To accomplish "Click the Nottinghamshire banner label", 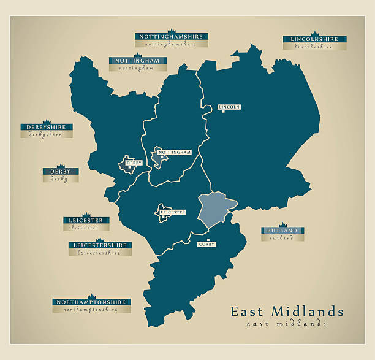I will tap(171, 37).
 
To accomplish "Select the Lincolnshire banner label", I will tap(314, 40).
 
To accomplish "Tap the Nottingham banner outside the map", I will tap(137, 61).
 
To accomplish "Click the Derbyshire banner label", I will tap(46, 128).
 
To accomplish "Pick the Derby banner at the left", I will tap(60, 172).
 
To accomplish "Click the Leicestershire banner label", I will tap(100, 245).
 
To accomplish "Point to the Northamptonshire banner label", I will tap(92, 302).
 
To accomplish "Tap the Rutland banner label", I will tap(282, 231).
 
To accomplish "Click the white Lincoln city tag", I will tap(229, 107).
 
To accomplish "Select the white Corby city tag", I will tap(206, 244).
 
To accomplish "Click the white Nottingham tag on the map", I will tap(175, 152).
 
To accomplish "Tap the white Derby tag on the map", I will tap(134, 163).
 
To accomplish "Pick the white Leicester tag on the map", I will tap(172, 212).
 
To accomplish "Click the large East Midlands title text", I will tap(287, 312).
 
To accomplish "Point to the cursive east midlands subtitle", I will tap(286, 324).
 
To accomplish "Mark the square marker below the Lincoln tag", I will tap(223, 112).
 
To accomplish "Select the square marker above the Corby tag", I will tap(208, 240).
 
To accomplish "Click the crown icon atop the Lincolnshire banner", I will tap(314, 34).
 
